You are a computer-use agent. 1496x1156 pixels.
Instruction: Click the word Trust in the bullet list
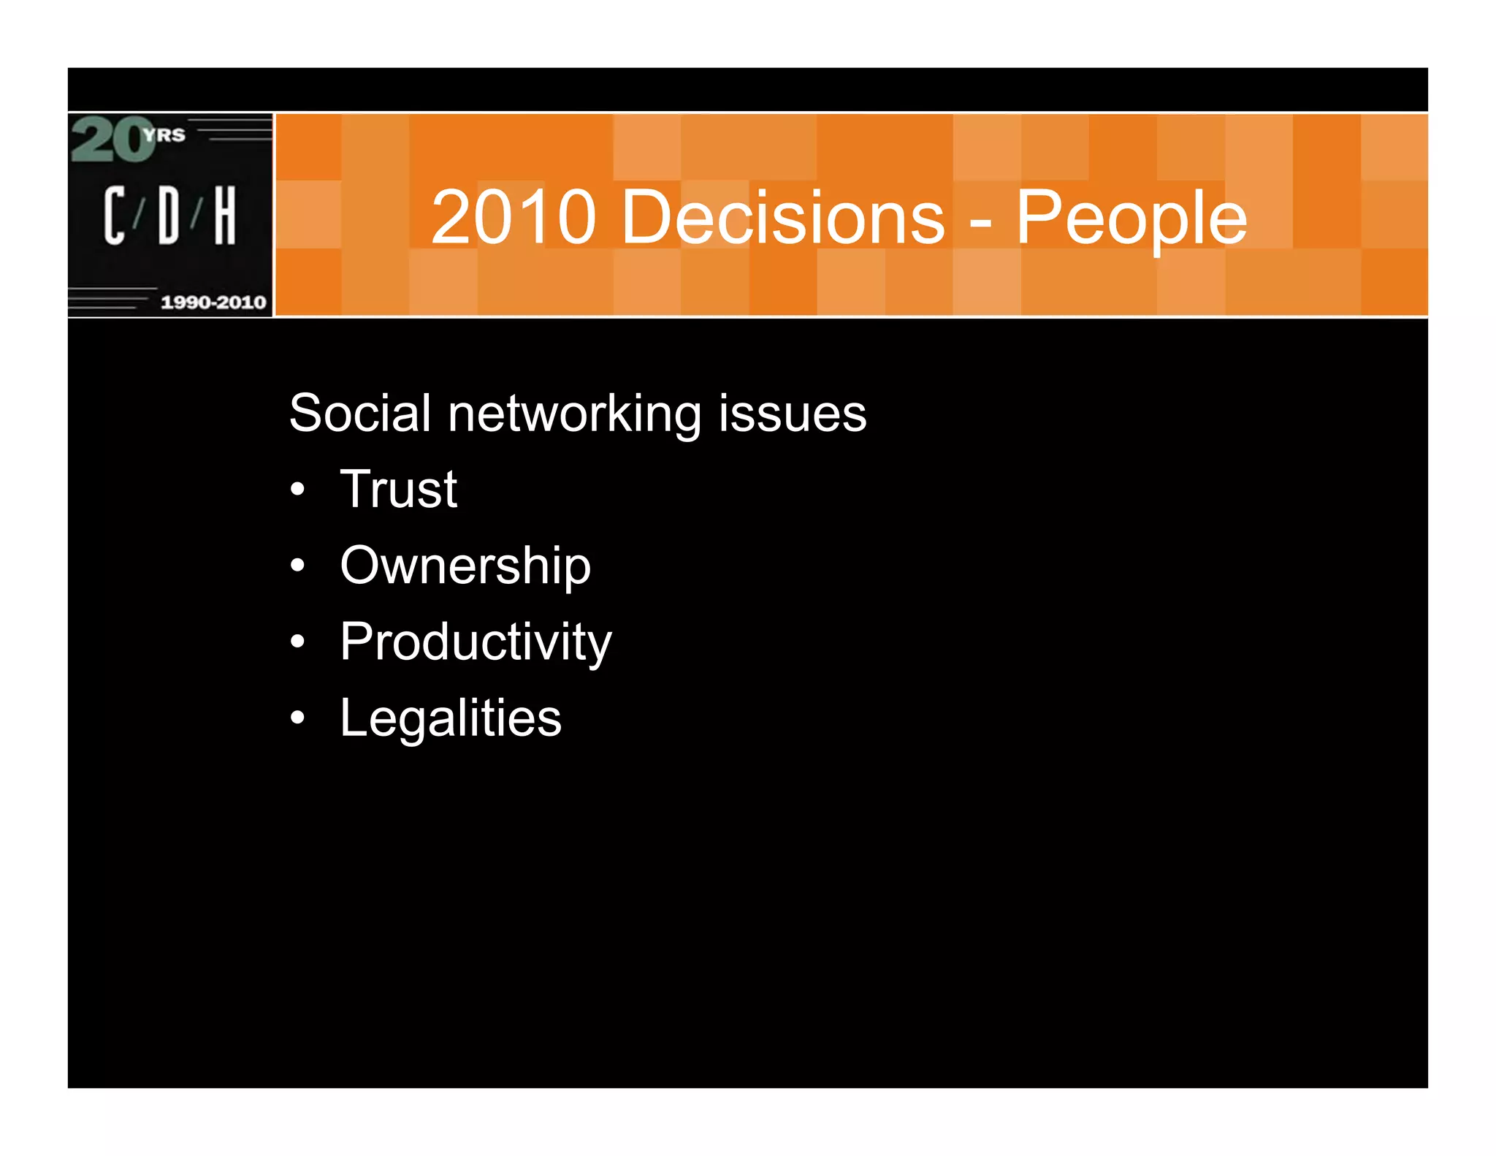pyautogui.click(x=398, y=489)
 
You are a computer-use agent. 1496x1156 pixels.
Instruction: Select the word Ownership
pyautogui.click(x=465, y=566)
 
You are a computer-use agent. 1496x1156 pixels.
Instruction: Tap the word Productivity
pyautogui.click(x=476, y=642)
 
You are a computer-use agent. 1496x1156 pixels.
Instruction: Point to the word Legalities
pyautogui.click(x=451, y=718)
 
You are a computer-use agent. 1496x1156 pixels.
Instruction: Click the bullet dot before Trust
pyautogui.click(x=297, y=490)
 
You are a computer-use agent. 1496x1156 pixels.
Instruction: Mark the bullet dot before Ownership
pyautogui.click(x=297, y=566)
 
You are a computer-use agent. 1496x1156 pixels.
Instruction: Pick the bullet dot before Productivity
pyautogui.click(x=297, y=642)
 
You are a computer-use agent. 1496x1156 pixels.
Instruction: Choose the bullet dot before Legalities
pyautogui.click(x=297, y=718)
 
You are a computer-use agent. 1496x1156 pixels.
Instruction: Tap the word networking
pyautogui.click(x=574, y=414)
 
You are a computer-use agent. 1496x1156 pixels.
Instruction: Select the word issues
pyautogui.click(x=792, y=413)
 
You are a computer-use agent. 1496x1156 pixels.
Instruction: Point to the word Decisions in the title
pyautogui.click(x=782, y=217)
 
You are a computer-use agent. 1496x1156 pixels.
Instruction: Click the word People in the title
pyautogui.click(x=1131, y=217)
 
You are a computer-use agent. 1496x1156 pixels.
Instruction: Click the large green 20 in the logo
pyautogui.click(x=111, y=140)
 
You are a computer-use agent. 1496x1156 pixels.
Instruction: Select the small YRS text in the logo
pyautogui.click(x=165, y=135)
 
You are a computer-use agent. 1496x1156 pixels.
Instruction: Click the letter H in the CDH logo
pyautogui.click(x=224, y=215)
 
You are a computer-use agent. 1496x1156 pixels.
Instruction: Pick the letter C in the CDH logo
pyautogui.click(x=114, y=215)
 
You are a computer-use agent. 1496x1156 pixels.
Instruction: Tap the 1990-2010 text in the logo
pyautogui.click(x=213, y=302)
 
